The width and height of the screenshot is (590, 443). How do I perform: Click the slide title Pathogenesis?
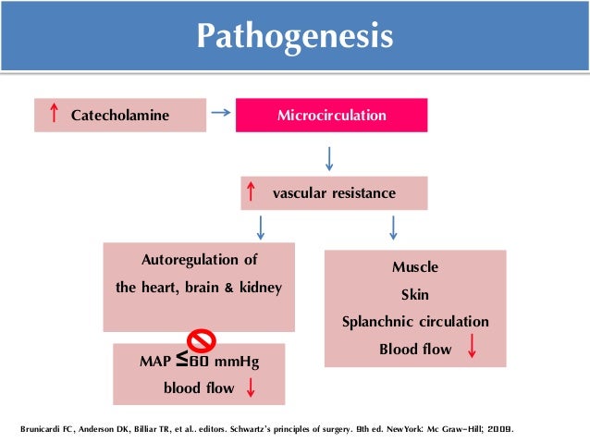[x=295, y=37]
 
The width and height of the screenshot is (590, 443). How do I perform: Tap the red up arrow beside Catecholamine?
[x=55, y=115]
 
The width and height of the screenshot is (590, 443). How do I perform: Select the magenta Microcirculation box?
[x=332, y=116]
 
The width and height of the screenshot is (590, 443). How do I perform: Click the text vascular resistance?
[x=334, y=193]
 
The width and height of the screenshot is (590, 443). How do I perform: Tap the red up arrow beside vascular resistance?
[x=250, y=193]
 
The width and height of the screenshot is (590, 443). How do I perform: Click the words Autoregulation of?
[x=198, y=259]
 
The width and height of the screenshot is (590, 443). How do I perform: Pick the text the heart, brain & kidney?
[x=198, y=288]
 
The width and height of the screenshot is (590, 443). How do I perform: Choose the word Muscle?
[x=415, y=267]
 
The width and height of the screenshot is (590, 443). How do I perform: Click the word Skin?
[x=415, y=294]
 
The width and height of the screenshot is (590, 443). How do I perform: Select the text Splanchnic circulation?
[x=415, y=322]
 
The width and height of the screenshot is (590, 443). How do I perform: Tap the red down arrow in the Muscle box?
[x=473, y=348]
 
